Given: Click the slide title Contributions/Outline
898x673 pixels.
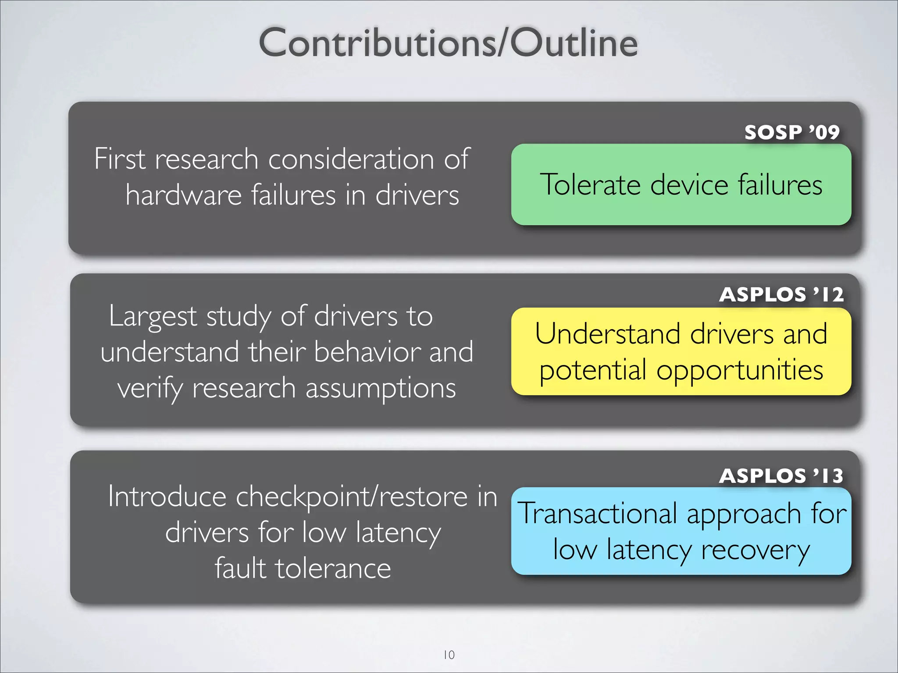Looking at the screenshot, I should [x=448, y=43].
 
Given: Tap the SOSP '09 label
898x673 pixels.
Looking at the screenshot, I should [x=791, y=132].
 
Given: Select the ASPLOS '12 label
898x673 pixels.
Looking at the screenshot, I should [x=781, y=294].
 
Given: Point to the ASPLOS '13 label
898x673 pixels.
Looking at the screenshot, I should [x=781, y=476].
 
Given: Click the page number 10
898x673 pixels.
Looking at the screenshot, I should [x=449, y=655].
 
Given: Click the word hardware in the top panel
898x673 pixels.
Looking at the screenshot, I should [x=183, y=195].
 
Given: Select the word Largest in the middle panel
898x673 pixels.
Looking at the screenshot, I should [x=153, y=316].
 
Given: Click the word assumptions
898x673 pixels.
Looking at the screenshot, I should [x=381, y=389].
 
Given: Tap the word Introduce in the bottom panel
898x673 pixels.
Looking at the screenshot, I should [x=167, y=497].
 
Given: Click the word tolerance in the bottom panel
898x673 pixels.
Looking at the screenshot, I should [x=333, y=569].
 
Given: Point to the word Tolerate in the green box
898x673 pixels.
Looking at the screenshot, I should [x=590, y=184].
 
